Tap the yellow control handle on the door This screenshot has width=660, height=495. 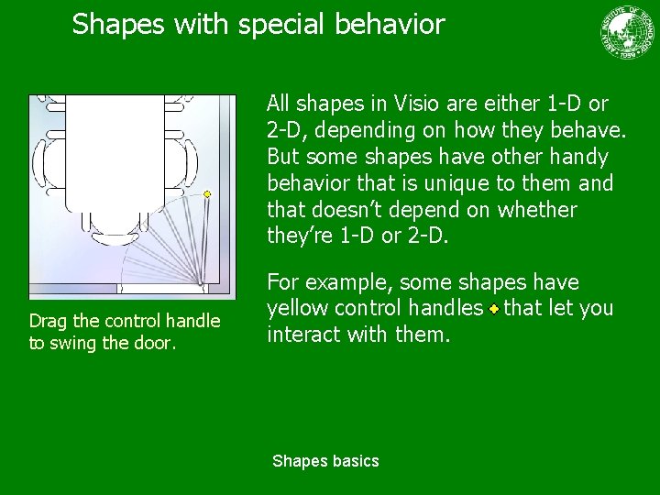tap(207, 194)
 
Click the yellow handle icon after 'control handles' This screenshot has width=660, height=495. tap(493, 309)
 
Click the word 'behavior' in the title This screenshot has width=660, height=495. tap(388, 24)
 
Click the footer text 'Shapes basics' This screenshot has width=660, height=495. tap(325, 461)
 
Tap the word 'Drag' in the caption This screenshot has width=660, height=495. tap(46, 321)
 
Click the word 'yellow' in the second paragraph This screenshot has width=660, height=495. tap(293, 309)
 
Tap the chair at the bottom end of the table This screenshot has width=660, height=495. tap(114, 221)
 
